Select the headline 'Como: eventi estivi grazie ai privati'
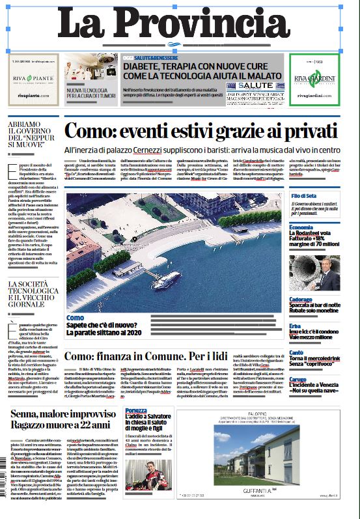point(201,130)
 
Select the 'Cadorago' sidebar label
point(302,300)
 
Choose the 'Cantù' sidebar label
point(297,352)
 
